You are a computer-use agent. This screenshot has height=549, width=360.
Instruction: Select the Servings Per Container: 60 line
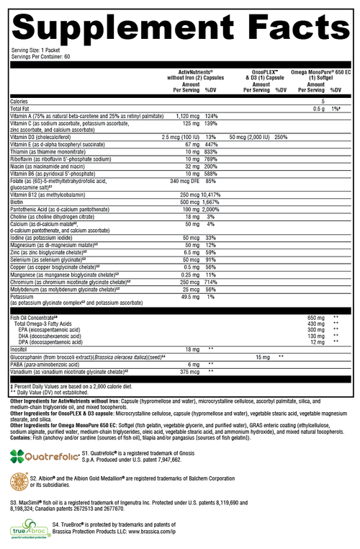(40, 56)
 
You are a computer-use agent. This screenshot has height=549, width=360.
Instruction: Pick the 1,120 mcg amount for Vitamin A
(186, 115)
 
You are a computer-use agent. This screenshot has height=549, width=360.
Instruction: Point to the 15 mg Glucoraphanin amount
(262, 357)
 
